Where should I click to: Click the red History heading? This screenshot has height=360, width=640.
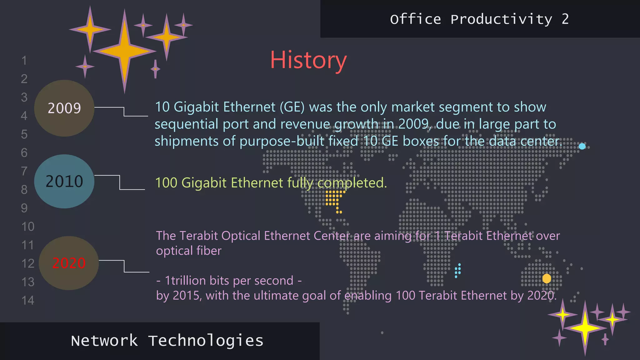(308, 60)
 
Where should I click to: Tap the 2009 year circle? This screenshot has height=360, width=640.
(64, 108)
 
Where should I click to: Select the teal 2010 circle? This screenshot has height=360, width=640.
(64, 181)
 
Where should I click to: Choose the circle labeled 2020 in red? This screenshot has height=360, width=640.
(69, 263)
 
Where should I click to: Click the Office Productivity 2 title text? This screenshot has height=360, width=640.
(479, 19)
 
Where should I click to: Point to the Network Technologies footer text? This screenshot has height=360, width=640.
(167, 341)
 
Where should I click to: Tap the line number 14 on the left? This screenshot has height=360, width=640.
(28, 300)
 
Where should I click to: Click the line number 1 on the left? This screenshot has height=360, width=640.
(24, 61)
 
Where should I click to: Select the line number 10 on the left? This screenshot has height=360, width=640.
(28, 227)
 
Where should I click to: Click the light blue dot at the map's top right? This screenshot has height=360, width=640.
(582, 146)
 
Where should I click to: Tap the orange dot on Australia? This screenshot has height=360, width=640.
(547, 278)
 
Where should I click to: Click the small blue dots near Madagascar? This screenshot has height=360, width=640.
(458, 271)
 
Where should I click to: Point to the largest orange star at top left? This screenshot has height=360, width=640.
(124, 51)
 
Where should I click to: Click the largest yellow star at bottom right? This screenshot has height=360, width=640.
(585, 328)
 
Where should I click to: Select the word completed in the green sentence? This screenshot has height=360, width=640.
(352, 183)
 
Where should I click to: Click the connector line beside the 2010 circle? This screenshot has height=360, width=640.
(120, 182)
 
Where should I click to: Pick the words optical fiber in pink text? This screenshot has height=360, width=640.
(189, 251)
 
